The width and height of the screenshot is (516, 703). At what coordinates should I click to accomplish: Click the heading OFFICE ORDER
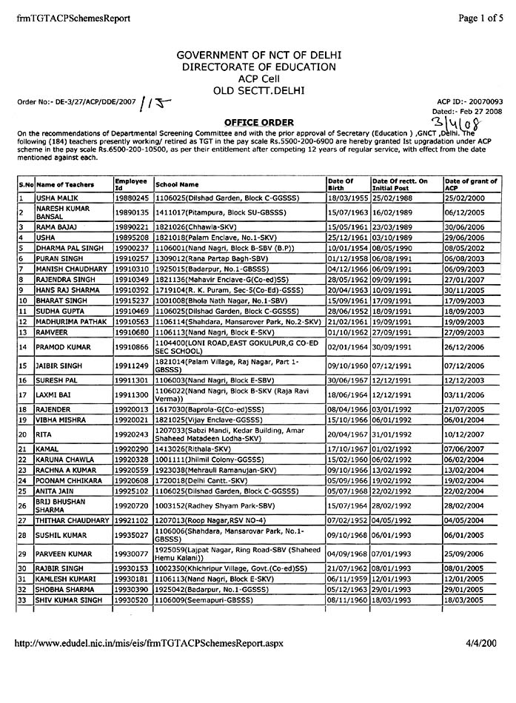tap(258, 122)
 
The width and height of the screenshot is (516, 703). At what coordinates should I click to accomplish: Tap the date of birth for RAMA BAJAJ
tap(346, 227)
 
